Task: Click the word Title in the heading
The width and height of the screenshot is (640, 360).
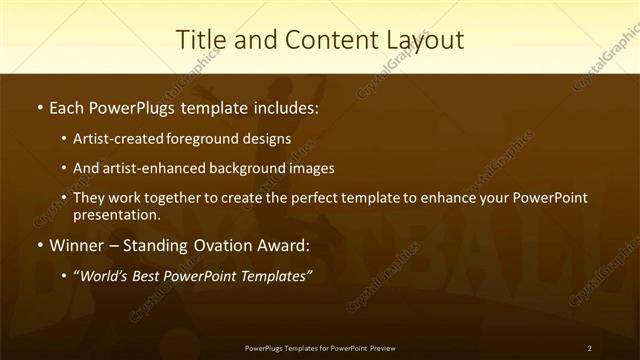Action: coord(200,40)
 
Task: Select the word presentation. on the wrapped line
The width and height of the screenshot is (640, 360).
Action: coord(116,215)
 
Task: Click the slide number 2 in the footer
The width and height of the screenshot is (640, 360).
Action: coord(590,348)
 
